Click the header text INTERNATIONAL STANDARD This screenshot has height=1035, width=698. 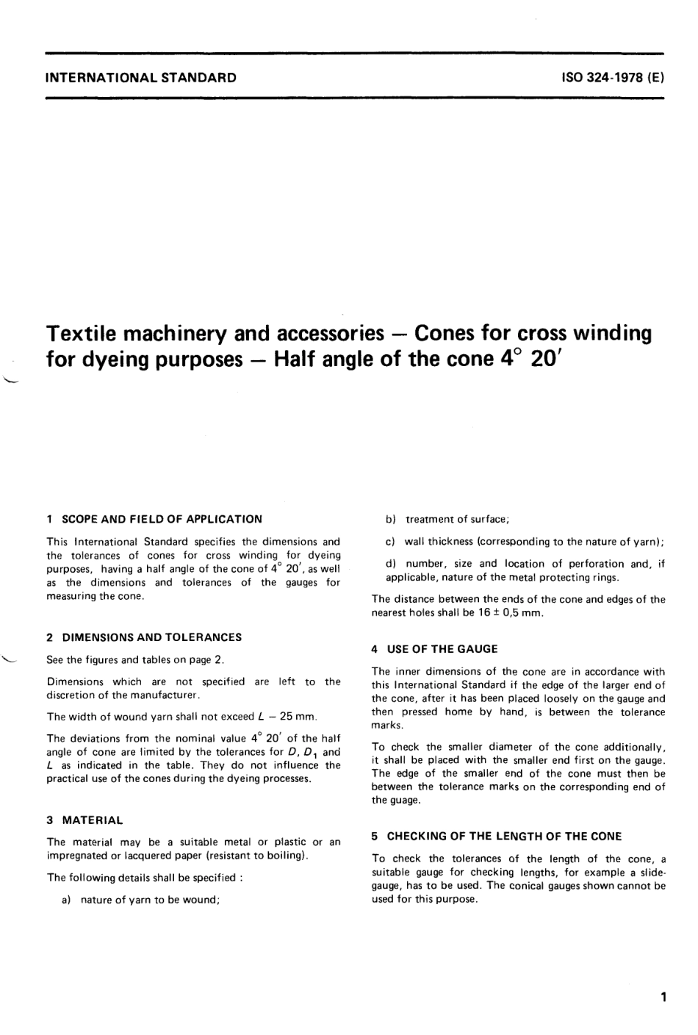coord(141,76)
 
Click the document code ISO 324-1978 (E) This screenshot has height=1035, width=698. coord(612,76)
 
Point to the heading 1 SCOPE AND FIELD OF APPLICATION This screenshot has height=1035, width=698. coord(154,519)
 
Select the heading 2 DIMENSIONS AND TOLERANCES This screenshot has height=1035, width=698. coord(144,637)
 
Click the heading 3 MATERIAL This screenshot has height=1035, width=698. coord(84,820)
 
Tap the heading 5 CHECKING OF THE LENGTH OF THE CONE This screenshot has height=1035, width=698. coord(497,836)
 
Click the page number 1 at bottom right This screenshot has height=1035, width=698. coord(663,998)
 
